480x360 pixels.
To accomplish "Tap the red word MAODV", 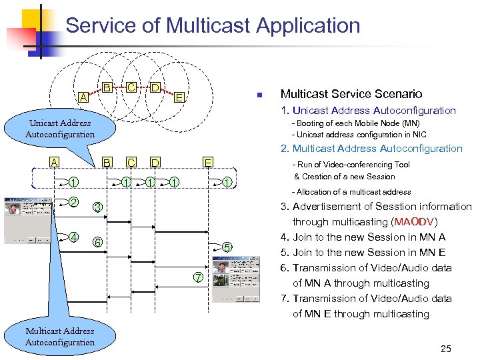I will click(x=415, y=222).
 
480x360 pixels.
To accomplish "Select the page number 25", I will click(x=445, y=349).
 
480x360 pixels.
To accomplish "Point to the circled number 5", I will click(x=227, y=247).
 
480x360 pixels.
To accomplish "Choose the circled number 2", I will click(x=74, y=202).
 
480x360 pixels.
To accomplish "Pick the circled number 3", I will click(x=97, y=208).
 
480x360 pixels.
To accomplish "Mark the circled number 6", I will click(x=97, y=242).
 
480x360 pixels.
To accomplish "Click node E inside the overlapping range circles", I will click(x=179, y=98).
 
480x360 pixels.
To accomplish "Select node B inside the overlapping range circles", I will click(x=107, y=87).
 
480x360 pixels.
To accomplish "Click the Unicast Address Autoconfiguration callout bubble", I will click(x=60, y=129).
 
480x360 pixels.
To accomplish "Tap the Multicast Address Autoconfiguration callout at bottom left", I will click(x=60, y=337).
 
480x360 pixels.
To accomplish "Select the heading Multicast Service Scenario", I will click(x=351, y=94).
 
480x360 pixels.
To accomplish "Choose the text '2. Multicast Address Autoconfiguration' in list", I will click(x=371, y=149).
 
